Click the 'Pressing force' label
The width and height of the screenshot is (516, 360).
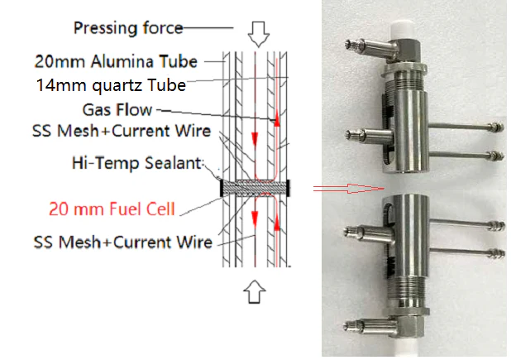[127, 28]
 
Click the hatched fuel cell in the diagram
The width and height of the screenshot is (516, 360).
[256, 187]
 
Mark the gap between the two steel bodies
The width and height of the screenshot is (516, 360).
[408, 185]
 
